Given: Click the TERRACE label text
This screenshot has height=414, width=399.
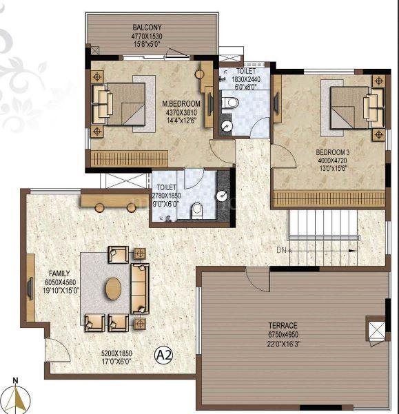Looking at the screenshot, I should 283,325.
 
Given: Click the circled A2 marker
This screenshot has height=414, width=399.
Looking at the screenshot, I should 163,355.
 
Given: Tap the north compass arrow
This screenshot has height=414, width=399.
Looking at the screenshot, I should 21,397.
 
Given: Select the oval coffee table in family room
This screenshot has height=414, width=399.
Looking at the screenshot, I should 114,288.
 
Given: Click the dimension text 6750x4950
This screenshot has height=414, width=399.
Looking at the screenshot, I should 283,334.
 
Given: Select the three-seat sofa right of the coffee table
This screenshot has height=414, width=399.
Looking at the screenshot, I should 140,288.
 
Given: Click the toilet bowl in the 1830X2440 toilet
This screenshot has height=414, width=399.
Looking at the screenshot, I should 232,103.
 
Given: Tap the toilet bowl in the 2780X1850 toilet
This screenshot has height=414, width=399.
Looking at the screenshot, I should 197,208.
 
